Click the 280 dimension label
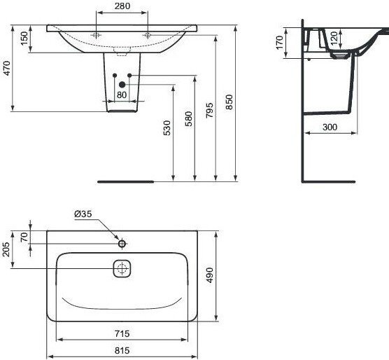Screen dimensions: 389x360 tap(122, 6)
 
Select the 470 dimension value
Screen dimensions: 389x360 tap(7, 68)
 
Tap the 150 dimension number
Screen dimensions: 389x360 tap(24, 39)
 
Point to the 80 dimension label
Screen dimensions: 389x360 tap(122, 95)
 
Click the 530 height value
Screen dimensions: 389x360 tap(167, 128)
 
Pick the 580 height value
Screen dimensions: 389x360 tap(188, 119)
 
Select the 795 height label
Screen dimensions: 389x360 tap(209, 110)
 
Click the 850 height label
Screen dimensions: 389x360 tap(229, 102)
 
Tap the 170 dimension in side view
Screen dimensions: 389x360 tap(279, 43)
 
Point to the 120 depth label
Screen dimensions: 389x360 tap(334, 37)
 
